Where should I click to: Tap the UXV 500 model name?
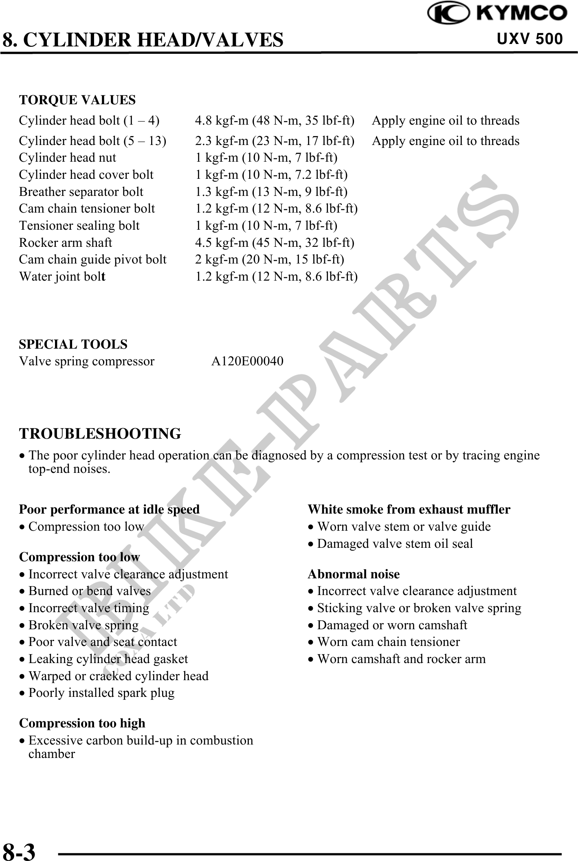click(x=530, y=39)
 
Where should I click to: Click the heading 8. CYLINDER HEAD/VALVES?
click(x=143, y=40)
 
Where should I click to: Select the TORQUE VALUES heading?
click(x=77, y=100)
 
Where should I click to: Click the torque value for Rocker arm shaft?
click(x=275, y=243)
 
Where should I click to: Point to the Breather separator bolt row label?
click(x=81, y=192)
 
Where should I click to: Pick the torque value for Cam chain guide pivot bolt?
click(x=270, y=259)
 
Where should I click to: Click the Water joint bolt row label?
click(x=62, y=277)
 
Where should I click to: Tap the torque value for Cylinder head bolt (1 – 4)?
click(x=275, y=121)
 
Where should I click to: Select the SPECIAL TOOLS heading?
click(x=73, y=344)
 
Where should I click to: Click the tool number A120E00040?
click(x=247, y=361)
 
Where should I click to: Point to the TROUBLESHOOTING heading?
click(x=100, y=434)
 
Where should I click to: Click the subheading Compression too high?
click(x=82, y=723)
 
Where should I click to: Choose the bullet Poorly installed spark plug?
click(x=101, y=693)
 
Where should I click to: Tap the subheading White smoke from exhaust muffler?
click(x=409, y=510)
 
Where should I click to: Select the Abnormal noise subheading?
click(x=354, y=574)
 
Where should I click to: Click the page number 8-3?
click(x=19, y=850)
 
